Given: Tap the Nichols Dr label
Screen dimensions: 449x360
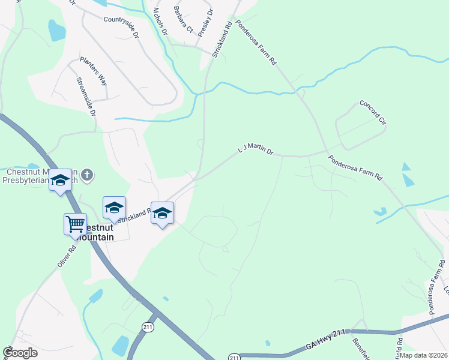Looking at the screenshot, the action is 159,22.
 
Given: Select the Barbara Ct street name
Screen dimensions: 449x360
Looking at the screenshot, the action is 183,20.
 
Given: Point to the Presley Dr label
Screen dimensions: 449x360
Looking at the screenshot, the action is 206,23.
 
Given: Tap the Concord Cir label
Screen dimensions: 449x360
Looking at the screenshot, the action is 373,112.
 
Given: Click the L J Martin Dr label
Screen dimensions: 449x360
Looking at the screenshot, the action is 256,149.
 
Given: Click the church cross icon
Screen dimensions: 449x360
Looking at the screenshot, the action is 87,175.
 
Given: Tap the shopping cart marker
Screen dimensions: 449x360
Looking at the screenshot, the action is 76,224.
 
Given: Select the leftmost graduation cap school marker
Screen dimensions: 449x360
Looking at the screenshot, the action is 60,180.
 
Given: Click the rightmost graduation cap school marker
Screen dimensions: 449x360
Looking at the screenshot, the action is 162,213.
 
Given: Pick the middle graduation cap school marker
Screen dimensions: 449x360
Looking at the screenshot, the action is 114,208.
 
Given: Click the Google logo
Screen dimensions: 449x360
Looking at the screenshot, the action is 20,353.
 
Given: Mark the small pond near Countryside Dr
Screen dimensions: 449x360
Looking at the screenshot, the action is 56,30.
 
